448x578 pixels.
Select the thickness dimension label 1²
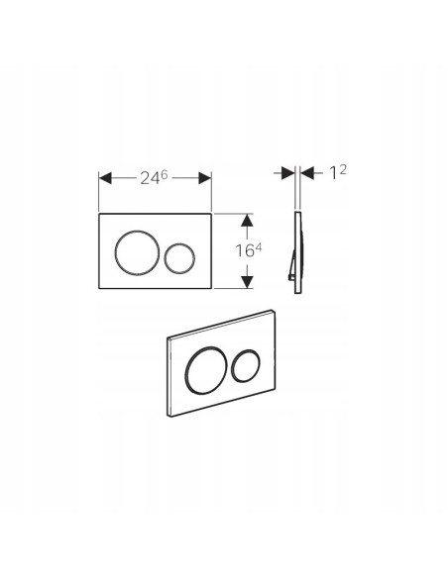click(x=337, y=172)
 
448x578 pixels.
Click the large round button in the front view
click(x=138, y=253)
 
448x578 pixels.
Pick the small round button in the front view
click(x=179, y=258)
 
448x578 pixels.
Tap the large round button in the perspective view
click(x=204, y=370)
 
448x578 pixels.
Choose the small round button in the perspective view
click(x=246, y=365)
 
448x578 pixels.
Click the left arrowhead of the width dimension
click(x=105, y=178)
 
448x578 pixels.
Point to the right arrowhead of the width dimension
click(x=205, y=178)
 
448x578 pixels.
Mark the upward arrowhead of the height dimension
click(x=247, y=220)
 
